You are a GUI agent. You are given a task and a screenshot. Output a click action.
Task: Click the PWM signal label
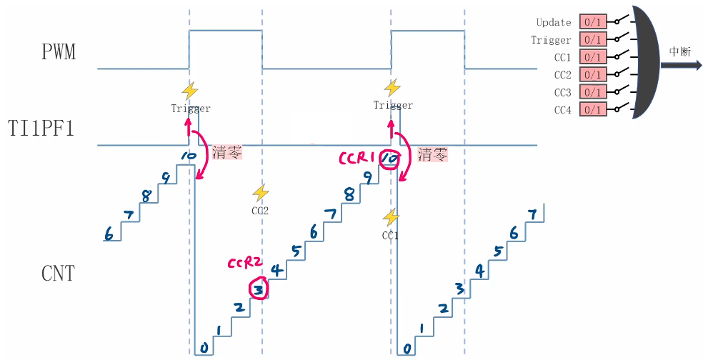tap(58, 52)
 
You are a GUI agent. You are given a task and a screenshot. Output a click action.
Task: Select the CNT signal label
tap(58, 272)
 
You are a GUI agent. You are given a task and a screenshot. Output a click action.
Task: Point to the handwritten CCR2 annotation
tap(245, 264)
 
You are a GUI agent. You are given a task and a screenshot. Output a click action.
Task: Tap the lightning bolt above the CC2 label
tap(261, 192)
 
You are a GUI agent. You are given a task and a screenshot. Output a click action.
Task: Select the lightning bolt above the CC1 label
tap(390, 216)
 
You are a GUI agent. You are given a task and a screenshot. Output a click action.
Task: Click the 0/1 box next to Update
tap(592, 22)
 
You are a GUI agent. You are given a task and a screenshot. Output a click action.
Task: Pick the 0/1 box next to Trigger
tap(592, 40)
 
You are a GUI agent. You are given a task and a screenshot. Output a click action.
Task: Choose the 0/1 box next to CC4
tap(592, 109)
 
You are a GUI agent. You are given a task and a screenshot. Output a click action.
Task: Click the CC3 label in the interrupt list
tap(562, 92)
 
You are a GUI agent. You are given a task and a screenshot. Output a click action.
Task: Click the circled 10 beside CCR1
tap(389, 158)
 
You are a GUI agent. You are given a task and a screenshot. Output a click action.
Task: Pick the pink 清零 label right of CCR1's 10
tap(433, 154)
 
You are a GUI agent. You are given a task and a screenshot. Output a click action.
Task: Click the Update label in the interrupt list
tap(554, 23)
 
